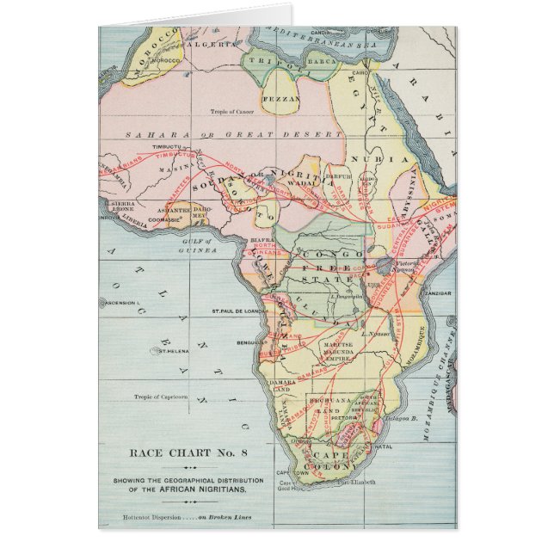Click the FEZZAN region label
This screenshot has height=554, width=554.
(x=286, y=99)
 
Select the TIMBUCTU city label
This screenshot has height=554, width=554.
(x=169, y=147)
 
